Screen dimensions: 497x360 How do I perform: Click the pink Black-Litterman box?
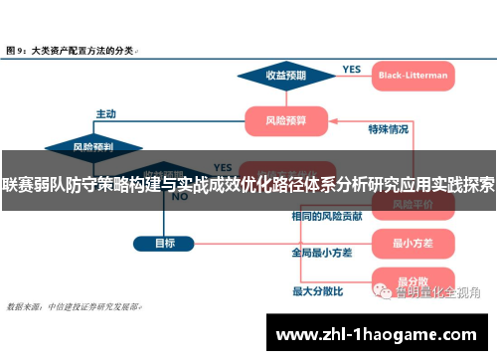412,75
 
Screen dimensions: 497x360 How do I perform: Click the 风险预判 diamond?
93,147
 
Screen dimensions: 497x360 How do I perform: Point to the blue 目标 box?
164,243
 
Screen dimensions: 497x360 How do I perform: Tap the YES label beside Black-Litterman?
351,69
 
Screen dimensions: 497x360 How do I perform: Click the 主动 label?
105,112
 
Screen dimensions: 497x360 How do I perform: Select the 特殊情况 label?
388,129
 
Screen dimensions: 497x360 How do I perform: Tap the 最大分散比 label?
317,291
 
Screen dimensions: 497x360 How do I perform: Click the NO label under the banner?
180,197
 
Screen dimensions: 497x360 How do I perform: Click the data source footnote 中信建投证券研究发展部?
94,307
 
